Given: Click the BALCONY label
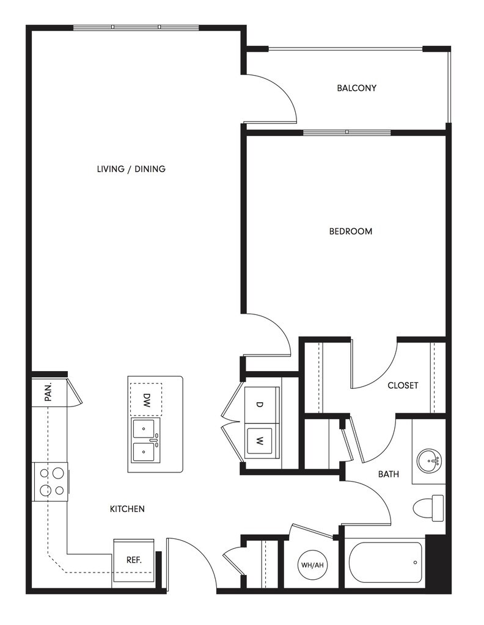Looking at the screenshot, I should (x=356, y=88).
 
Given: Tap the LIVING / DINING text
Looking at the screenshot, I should (x=131, y=169).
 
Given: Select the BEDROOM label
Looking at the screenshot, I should (x=350, y=231).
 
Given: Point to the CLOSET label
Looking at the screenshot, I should (x=403, y=386).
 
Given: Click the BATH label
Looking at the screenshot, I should (x=389, y=474).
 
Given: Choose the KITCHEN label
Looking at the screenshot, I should (x=127, y=508).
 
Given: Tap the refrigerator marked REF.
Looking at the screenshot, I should (x=134, y=560).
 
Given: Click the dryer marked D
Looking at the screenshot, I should (x=260, y=405).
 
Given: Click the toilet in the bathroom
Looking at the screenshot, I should (x=429, y=508).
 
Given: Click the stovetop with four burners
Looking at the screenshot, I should (x=51, y=481).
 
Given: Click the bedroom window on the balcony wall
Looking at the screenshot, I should (x=346, y=132).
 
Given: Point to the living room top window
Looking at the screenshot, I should (x=136, y=27).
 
